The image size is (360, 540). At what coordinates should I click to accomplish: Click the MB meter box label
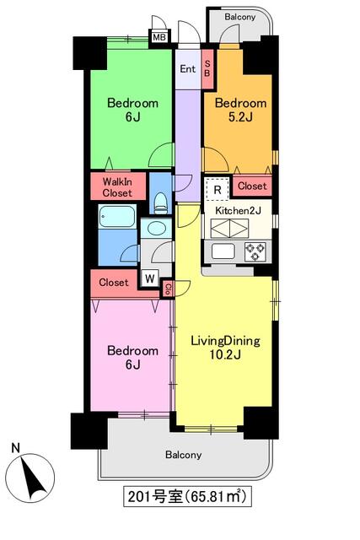pyautogui.click(x=159, y=37)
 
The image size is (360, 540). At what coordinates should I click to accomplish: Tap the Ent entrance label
pyautogui.click(x=187, y=69)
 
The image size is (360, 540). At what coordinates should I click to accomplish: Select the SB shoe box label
pyautogui.click(x=207, y=68)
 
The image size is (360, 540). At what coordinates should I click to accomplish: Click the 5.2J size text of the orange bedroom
pyautogui.click(x=240, y=117)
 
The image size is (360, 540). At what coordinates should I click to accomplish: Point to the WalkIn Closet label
pyautogui.click(x=117, y=187)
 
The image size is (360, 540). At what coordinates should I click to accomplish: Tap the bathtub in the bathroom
pyautogui.click(x=117, y=216)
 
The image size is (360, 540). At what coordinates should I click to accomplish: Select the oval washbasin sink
pyautogui.click(x=156, y=228)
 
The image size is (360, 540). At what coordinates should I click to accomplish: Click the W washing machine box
pyautogui.click(x=150, y=278)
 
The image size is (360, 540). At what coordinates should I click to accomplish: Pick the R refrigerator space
pyautogui.click(x=218, y=189)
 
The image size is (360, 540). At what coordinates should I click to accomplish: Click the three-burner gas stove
pyautogui.click(x=255, y=251)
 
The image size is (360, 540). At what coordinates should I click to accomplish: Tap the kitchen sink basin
pyautogui.click(x=223, y=251)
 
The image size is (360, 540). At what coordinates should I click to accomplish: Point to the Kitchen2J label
pyautogui.click(x=238, y=211)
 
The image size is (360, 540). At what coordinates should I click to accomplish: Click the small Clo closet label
pyautogui.click(x=168, y=289)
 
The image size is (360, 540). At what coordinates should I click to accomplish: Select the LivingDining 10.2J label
pyautogui.click(x=225, y=348)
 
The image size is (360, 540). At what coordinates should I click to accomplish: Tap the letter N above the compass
pyautogui.click(x=15, y=448)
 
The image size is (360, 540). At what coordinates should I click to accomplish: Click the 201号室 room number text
pyautogui.click(x=155, y=497)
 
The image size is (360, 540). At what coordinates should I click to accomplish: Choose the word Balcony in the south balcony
pyautogui.click(x=184, y=455)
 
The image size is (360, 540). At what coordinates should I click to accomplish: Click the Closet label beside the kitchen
pyautogui.click(x=252, y=186)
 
